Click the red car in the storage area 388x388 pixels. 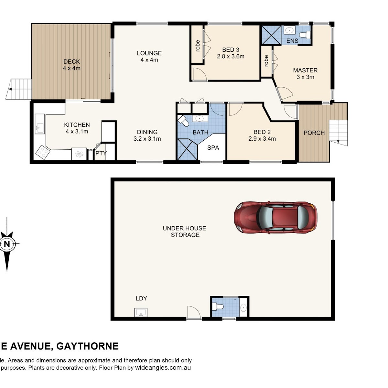pos(275,218)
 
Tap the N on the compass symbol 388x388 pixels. pos(7,244)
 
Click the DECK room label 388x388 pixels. pos(71,61)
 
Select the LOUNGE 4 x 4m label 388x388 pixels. pos(149,56)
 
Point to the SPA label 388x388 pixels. pos(213,147)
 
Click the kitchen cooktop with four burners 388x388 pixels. pos(43,152)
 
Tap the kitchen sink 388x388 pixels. pos(40,124)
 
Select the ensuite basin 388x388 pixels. pos(289,30)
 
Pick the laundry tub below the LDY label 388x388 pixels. pos(141,312)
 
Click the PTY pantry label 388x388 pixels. pos(101,154)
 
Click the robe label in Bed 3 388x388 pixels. pos(198,46)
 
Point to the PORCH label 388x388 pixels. pos(314,133)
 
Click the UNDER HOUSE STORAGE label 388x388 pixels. pos(184,232)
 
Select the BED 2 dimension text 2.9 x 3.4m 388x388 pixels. pos(262,139)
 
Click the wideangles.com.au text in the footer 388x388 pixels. pos(163,368)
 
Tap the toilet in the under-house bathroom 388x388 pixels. pos(218,307)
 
